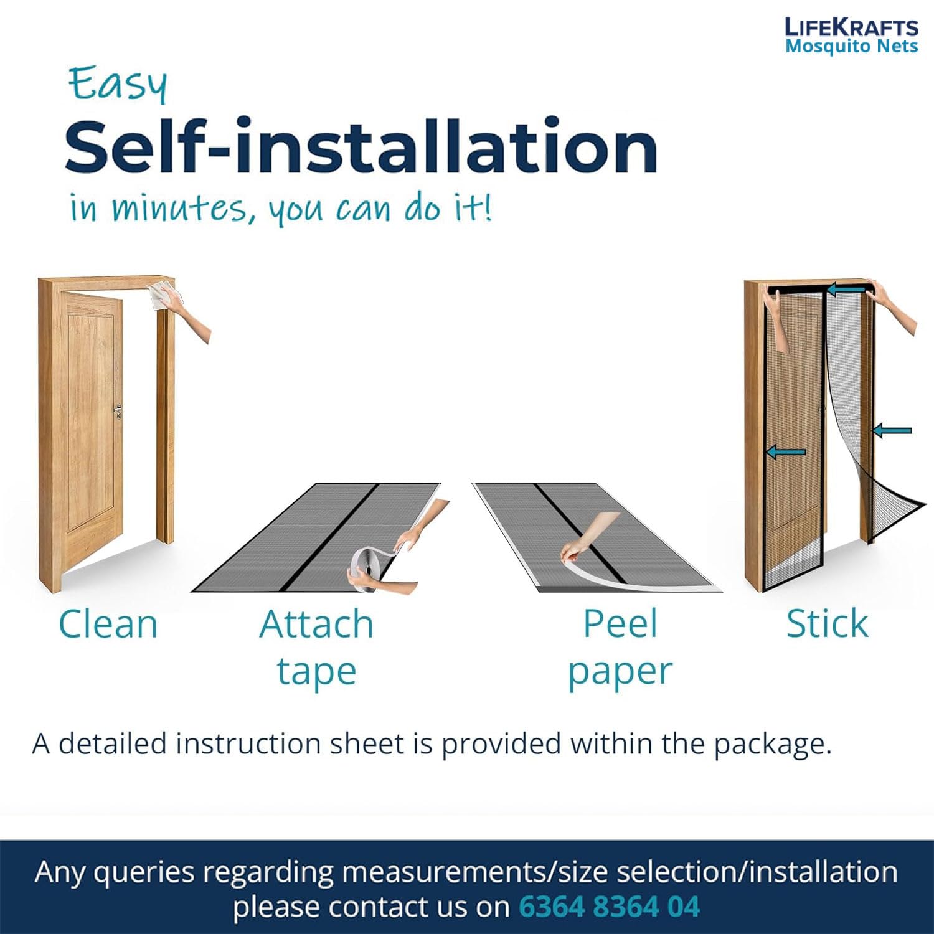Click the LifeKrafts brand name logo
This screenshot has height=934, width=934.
851,27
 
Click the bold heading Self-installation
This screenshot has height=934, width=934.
361,147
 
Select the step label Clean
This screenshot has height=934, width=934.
108,624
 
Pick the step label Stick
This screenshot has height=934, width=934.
827,624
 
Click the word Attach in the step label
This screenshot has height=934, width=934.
316,624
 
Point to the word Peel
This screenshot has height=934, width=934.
620,624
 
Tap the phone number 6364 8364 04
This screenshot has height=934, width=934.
610,907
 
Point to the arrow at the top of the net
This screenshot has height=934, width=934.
846,289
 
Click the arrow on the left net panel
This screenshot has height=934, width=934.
786,452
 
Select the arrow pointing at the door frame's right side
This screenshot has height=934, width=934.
892,430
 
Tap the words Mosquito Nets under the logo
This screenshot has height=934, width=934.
851,47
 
